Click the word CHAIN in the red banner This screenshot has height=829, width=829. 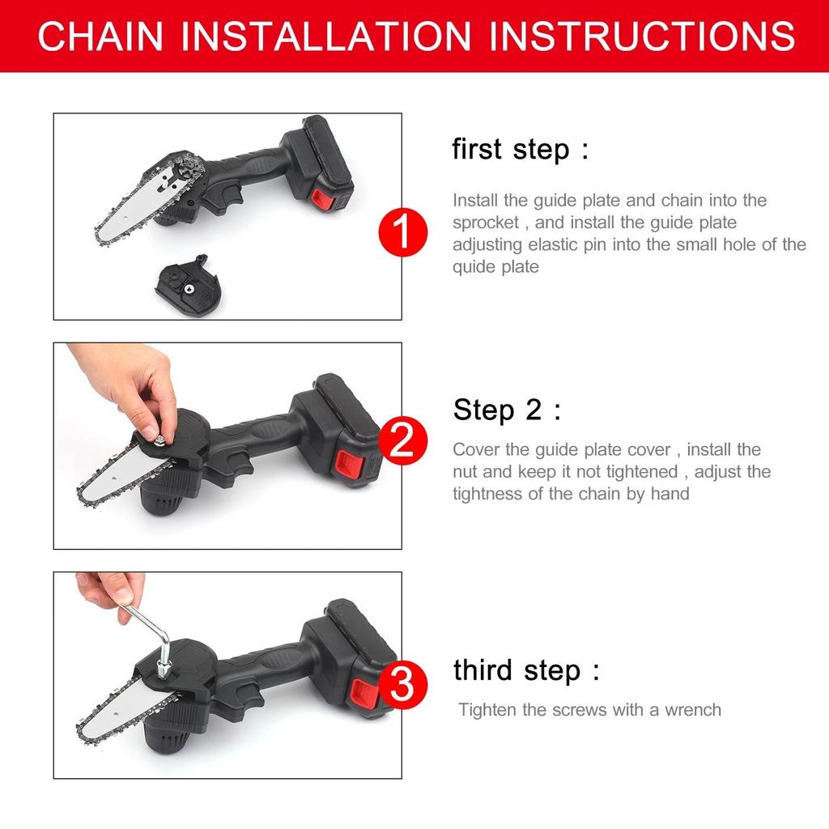[x=100, y=36]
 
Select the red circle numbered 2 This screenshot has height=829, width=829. [x=402, y=442]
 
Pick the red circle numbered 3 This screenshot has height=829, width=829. [x=402, y=684]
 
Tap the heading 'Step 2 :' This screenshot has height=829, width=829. [x=506, y=410]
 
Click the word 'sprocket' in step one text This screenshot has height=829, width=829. [x=484, y=223]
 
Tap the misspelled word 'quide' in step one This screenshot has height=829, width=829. [x=473, y=266]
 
